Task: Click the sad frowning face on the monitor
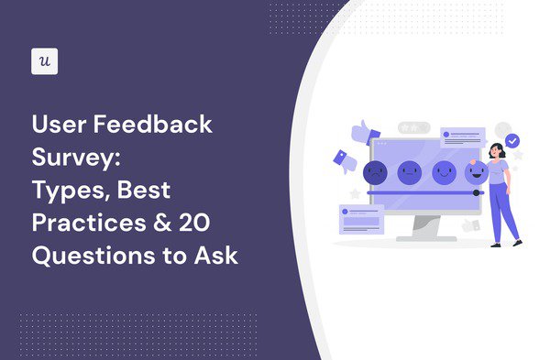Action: click(x=374, y=171)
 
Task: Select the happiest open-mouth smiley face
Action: click(x=474, y=170)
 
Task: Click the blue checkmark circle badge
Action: click(x=512, y=141)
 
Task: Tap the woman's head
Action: click(x=496, y=149)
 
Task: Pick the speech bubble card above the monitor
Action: click(x=462, y=137)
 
